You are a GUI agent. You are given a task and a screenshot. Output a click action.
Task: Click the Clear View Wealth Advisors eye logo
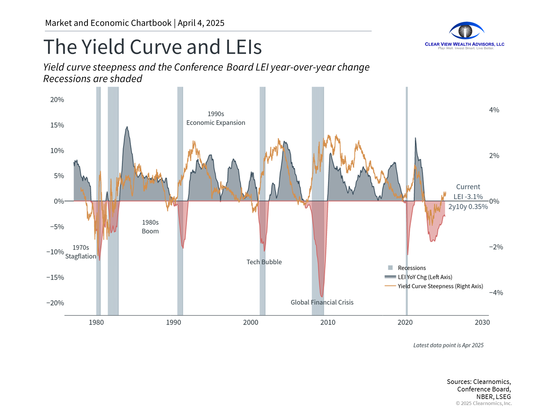click(x=466, y=31)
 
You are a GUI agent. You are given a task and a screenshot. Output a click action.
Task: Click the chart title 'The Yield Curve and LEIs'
click(x=152, y=47)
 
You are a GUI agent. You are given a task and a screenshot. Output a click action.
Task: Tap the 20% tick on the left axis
click(x=57, y=100)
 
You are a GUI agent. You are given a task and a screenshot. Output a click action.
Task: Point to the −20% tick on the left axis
click(x=55, y=303)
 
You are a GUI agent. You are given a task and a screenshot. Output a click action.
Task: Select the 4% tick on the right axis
click(x=494, y=110)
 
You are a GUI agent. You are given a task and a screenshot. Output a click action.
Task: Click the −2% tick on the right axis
click(x=496, y=247)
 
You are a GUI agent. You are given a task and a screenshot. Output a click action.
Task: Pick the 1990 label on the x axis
click(x=173, y=322)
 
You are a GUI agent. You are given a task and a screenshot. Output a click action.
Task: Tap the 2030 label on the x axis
click(x=482, y=322)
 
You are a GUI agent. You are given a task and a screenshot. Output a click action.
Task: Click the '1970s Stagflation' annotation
click(x=81, y=252)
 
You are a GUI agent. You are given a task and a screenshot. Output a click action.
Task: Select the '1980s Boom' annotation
click(x=150, y=227)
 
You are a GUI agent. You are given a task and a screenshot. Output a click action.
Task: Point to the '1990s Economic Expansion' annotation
click(x=216, y=118)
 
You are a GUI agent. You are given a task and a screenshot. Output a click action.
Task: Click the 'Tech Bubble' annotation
click(x=264, y=262)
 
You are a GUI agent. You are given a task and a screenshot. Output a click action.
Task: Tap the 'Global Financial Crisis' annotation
click(x=322, y=302)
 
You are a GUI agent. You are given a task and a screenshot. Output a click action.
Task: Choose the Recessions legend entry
click(x=412, y=268)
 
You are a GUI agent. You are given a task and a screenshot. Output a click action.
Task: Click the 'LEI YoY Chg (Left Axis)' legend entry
click(x=425, y=277)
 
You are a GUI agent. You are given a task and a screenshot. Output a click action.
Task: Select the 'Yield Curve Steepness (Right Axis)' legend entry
click(x=440, y=286)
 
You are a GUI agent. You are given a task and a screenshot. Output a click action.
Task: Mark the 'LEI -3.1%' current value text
click(x=468, y=197)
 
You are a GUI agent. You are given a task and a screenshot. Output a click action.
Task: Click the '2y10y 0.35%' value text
click(x=468, y=207)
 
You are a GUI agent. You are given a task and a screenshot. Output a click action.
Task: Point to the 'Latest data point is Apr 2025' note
click(x=448, y=345)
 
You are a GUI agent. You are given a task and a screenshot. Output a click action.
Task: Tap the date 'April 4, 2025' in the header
click(x=201, y=23)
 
